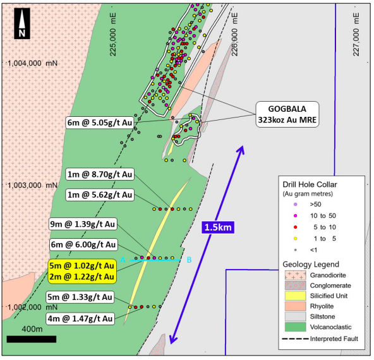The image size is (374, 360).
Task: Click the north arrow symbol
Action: pos(22,23)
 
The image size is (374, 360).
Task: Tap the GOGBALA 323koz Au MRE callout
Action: pos(287,114)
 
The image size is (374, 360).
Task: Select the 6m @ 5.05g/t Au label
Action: pos(99,123)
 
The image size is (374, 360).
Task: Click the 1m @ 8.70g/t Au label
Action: pos(99,174)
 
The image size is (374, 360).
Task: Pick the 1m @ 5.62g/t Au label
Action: pos(99,195)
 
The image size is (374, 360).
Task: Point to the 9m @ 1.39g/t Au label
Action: pos(83,224)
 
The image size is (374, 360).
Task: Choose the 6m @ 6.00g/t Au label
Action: pos(83,244)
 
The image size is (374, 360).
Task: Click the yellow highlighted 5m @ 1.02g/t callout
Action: pos(82,272)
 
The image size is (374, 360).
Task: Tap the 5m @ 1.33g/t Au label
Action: pos(80,297)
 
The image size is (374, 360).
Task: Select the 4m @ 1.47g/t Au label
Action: pos(80,318)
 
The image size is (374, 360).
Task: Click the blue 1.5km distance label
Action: pos(218,227)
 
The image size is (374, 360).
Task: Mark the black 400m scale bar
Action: pos(32,339)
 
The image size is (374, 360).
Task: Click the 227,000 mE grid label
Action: pos(356,35)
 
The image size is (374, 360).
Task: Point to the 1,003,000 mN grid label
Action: pos(32,185)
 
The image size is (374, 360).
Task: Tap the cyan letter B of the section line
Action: pos(189,260)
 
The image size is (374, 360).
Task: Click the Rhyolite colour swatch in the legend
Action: pos(295,306)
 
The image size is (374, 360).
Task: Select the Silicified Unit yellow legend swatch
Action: pos(295,296)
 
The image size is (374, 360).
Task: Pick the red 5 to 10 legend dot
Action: pos(296,227)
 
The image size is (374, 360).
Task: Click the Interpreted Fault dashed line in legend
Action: pos(295,339)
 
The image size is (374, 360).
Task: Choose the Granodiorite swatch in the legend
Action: pos(295,275)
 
